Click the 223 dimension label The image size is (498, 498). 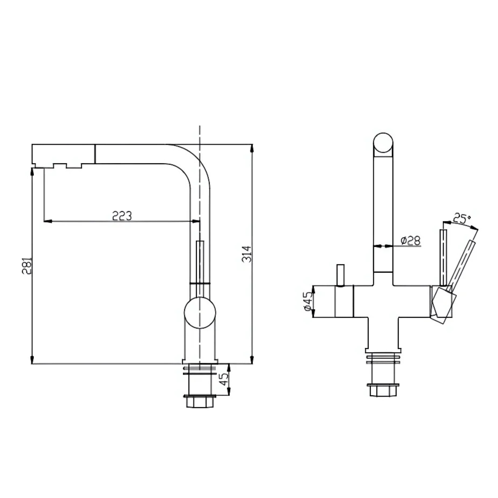tap(122, 216)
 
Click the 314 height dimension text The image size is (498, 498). tap(247, 254)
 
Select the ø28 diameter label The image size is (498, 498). tap(411, 241)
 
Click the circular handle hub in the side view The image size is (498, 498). tap(200, 313)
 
